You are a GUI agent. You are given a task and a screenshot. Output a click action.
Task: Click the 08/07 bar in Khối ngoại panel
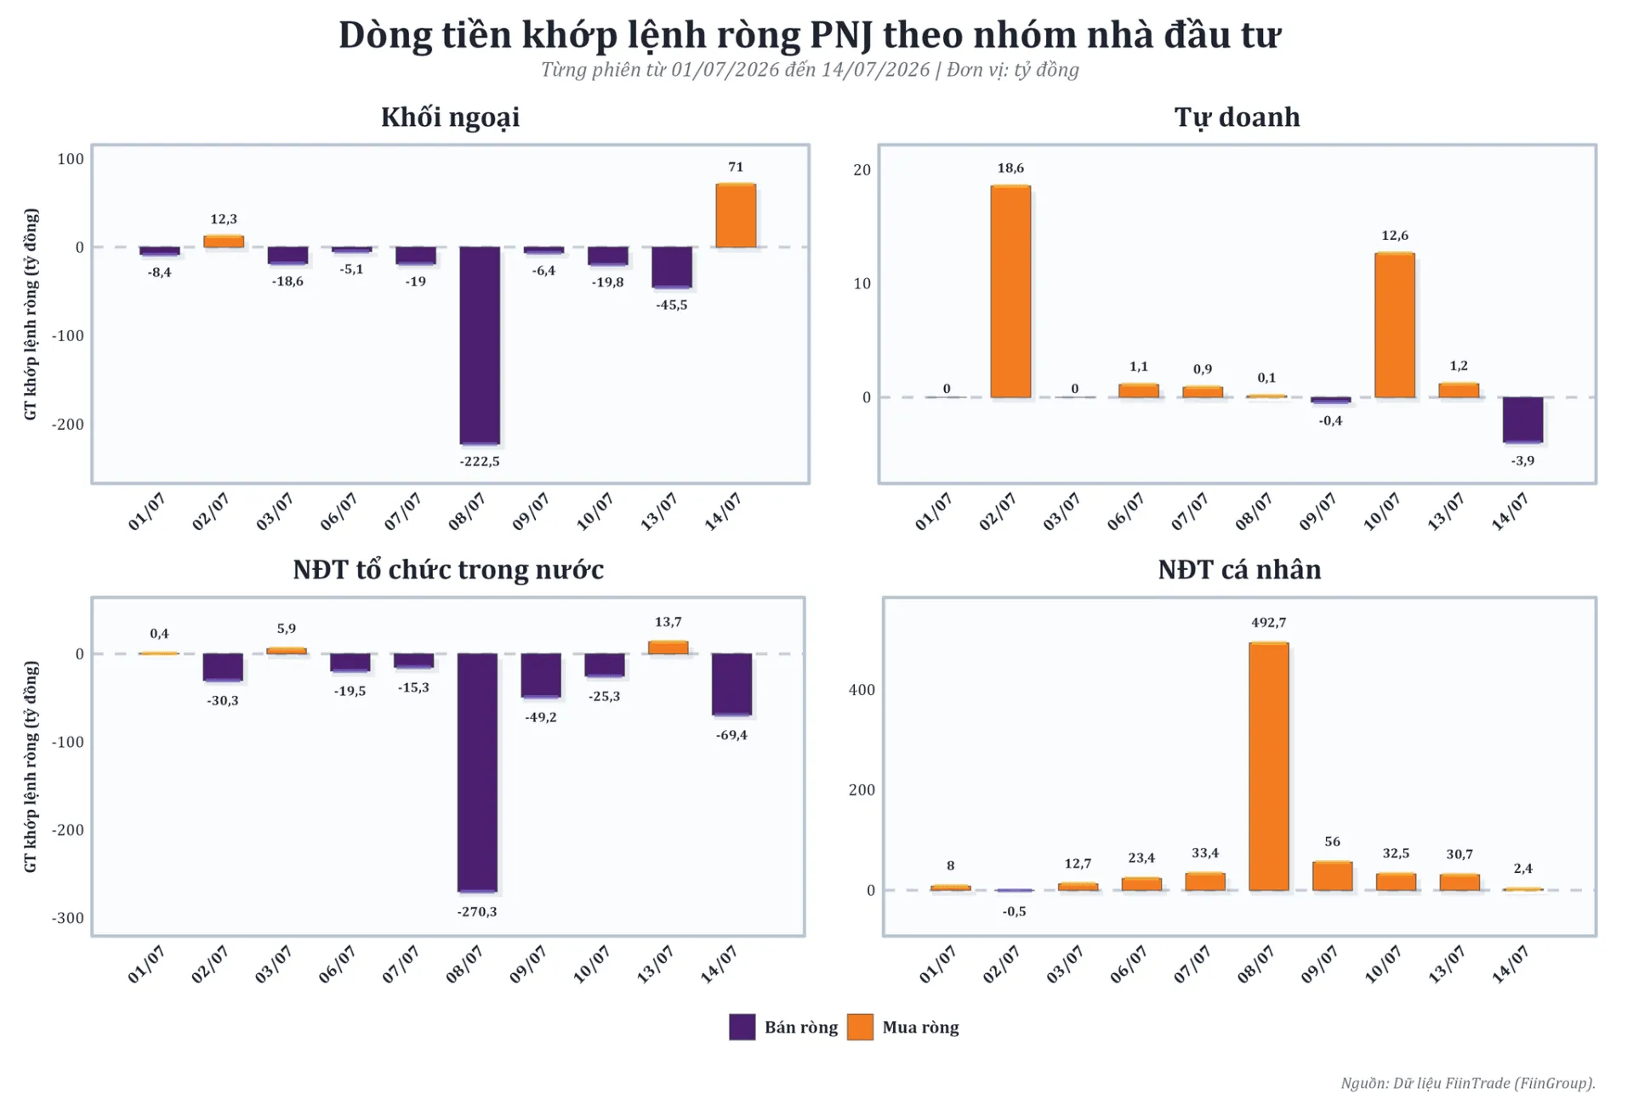[x=480, y=345]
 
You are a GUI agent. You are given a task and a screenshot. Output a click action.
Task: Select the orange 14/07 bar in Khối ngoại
[x=736, y=215]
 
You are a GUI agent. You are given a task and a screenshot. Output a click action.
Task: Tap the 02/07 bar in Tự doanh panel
[x=1010, y=291]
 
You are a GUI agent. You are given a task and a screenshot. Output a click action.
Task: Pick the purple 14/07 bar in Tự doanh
[x=1522, y=420]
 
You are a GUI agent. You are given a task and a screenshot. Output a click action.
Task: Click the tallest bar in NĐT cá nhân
[x=1269, y=767]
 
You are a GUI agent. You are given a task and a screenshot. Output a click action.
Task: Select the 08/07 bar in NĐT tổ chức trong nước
[x=477, y=773]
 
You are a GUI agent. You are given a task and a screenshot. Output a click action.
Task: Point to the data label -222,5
[x=480, y=461]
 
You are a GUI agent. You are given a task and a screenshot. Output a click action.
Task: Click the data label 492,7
[x=1269, y=623]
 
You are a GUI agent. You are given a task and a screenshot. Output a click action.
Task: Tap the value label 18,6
[x=1010, y=168]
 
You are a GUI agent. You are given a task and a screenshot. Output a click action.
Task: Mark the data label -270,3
[x=477, y=911]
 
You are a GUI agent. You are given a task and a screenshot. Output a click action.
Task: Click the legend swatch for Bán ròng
[x=743, y=1027]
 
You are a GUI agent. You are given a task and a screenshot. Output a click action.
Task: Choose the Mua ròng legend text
[x=920, y=1027]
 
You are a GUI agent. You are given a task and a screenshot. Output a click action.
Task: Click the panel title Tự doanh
[x=1238, y=117]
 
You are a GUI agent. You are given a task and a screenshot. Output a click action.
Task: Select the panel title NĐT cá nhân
[x=1239, y=569]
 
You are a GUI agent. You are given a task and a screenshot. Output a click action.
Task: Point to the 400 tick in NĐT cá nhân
[x=862, y=690]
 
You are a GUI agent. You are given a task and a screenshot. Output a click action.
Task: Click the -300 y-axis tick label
[x=68, y=918]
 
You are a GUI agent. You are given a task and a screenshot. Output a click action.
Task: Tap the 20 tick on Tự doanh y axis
[x=862, y=170]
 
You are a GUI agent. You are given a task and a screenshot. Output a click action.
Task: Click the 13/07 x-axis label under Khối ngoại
[x=658, y=510]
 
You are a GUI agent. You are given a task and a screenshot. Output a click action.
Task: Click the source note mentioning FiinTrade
[x=1468, y=1083]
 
